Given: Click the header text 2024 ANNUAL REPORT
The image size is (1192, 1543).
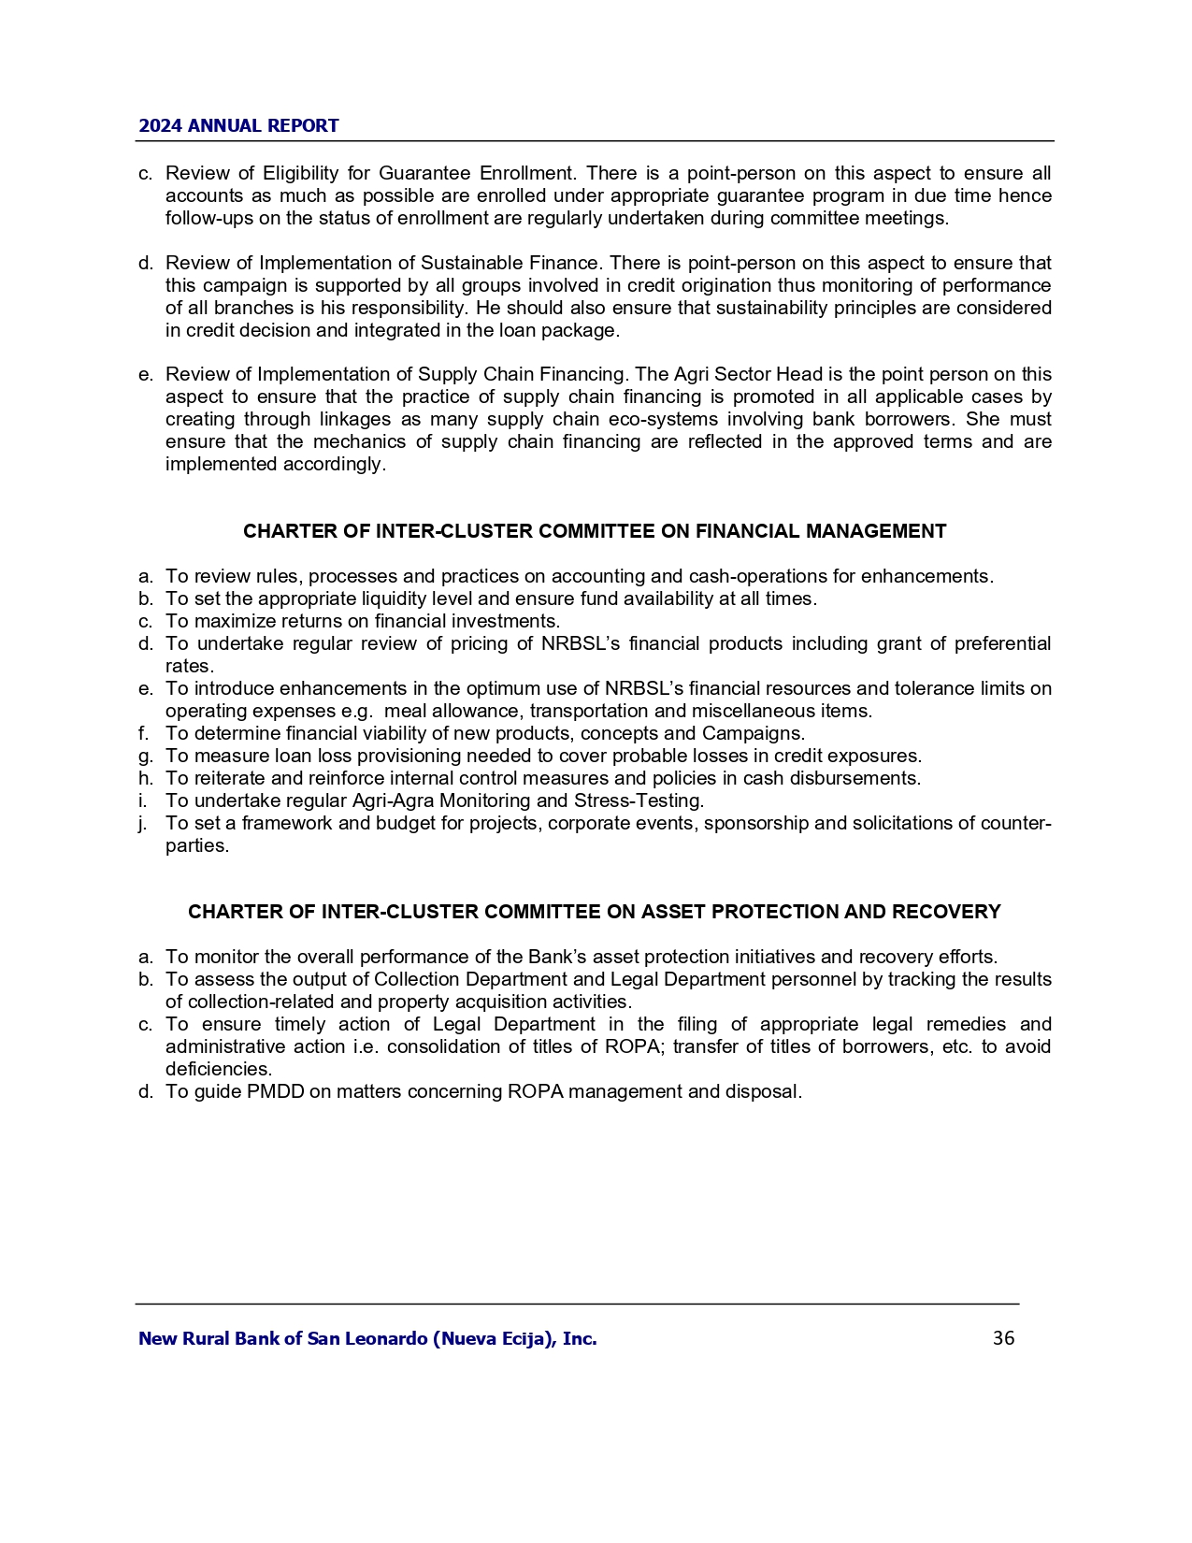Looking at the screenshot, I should click(238, 126).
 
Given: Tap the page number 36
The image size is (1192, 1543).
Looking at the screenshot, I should click(1003, 1338).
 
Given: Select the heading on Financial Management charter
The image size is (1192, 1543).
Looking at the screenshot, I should click(595, 531).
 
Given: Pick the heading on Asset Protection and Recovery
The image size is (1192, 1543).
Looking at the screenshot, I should click(595, 912).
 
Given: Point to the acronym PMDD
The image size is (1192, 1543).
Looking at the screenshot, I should click(275, 1091).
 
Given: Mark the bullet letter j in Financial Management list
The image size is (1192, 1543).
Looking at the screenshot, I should click(143, 823).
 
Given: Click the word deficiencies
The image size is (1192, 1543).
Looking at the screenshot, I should click(219, 1069).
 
